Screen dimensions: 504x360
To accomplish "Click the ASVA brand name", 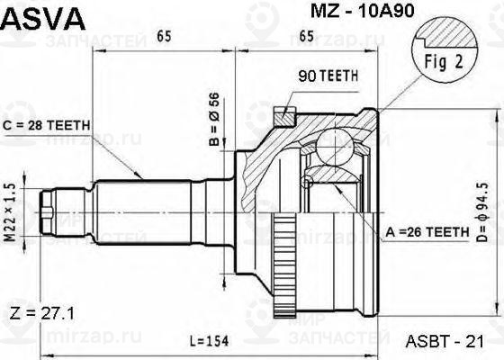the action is pyautogui.click(x=43, y=19).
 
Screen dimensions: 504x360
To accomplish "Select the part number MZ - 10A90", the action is pyautogui.click(x=362, y=11).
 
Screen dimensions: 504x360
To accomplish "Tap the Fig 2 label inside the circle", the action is pyautogui.click(x=444, y=61).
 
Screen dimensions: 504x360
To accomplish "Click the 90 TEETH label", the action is pyautogui.click(x=328, y=76).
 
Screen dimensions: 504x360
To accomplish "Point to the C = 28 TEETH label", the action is pyautogui.click(x=47, y=125).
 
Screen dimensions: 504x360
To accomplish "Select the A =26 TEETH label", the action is pyautogui.click(x=427, y=232).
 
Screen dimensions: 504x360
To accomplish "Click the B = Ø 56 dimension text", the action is pyautogui.click(x=214, y=119).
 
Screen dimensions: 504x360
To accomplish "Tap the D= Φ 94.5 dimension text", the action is pyautogui.click(x=482, y=212).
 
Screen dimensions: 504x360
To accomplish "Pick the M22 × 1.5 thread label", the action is pyautogui.click(x=11, y=212).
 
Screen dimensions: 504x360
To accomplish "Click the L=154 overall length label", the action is pyautogui.click(x=209, y=341).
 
